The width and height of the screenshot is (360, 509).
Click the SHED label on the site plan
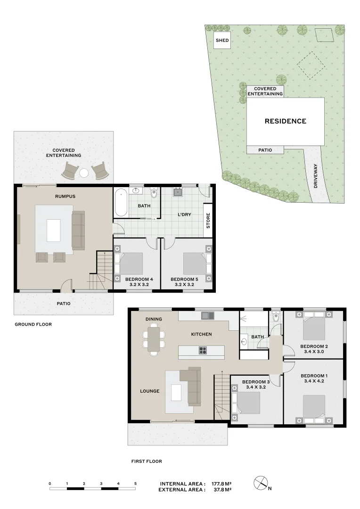[222, 41]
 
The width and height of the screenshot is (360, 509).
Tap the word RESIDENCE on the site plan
[285, 121]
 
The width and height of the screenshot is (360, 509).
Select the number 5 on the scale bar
[135, 484]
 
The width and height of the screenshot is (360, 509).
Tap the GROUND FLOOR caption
[33, 324]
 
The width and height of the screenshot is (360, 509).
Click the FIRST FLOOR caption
[147, 461]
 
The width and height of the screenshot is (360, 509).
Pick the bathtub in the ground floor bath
[121, 202]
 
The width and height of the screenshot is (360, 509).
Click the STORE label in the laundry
[208, 221]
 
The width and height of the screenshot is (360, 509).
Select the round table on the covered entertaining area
[84, 173]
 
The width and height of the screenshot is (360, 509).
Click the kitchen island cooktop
[203, 350]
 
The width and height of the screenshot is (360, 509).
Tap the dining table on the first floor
[154, 339]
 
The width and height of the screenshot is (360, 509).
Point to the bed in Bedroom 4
[131, 264]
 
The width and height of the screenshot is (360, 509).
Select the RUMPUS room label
[65, 196]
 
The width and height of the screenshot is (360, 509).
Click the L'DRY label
[184, 214]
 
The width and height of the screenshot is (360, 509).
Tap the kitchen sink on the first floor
[207, 315]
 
